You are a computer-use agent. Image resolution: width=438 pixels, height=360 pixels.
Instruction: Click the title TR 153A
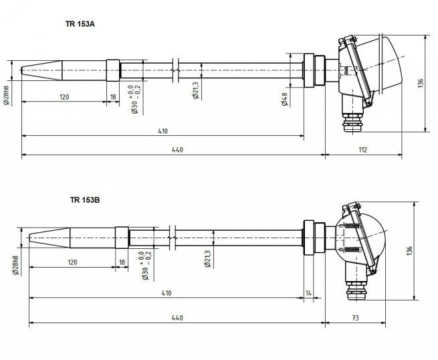(80, 24)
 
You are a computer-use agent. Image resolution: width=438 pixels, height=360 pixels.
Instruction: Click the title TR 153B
(85, 200)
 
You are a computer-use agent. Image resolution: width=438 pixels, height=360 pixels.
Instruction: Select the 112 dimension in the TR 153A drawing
(362, 150)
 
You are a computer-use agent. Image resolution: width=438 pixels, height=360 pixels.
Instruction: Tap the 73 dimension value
(355, 318)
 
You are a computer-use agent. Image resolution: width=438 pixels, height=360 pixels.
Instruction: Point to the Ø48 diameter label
(285, 99)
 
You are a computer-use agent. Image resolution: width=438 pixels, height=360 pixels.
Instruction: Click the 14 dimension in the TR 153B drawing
(308, 293)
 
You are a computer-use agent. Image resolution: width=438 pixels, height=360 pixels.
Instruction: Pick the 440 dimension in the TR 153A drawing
(177, 150)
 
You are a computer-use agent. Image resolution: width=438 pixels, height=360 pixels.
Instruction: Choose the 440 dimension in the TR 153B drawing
(177, 318)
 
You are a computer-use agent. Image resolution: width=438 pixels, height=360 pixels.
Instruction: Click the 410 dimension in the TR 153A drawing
(162, 131)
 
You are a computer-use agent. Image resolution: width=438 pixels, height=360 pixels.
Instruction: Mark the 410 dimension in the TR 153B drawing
(167, 293)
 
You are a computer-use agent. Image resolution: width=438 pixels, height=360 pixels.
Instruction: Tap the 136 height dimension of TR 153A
(421, 83)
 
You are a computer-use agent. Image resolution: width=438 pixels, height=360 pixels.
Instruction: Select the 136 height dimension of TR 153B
(409, 251)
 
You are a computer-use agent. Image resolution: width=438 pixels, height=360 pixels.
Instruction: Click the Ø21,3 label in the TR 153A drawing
(195, 90)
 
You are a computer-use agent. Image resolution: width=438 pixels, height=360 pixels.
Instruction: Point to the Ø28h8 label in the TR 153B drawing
(15, 266)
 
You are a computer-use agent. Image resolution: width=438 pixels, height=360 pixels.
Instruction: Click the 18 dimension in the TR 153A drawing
(113, 97)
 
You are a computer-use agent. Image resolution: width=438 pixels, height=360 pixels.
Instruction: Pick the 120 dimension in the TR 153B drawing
(72, 262)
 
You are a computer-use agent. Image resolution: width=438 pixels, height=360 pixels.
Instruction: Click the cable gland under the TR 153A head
(353, 122)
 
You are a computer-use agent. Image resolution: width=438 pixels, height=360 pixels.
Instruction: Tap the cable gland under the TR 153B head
(357, 290)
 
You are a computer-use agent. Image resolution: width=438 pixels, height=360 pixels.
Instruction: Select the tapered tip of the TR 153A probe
(41, 70)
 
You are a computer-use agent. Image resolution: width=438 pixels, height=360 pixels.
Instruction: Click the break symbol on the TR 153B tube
(172, 238)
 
